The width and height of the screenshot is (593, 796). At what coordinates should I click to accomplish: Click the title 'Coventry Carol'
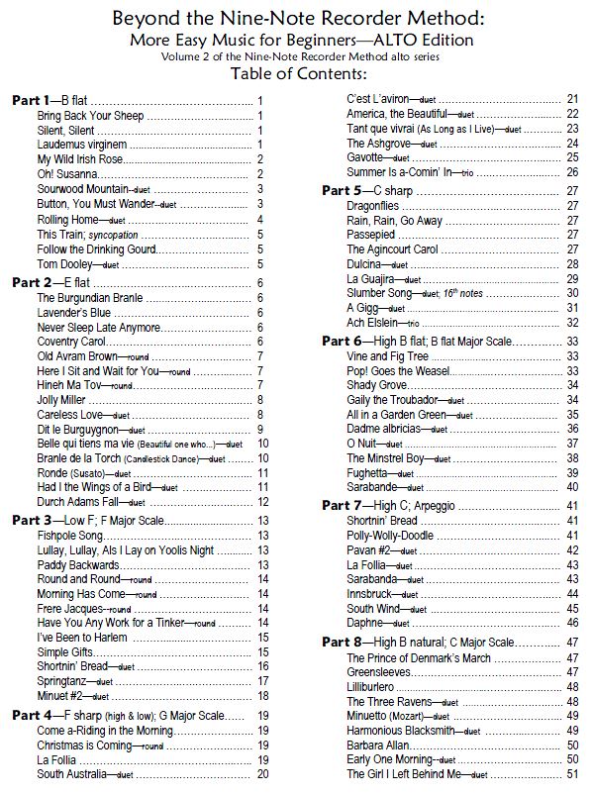[x=72, y=341]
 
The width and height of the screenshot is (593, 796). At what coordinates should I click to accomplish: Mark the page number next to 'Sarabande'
[x=572, y=487]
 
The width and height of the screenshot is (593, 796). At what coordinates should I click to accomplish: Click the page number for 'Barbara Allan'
[x=572, y=745]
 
